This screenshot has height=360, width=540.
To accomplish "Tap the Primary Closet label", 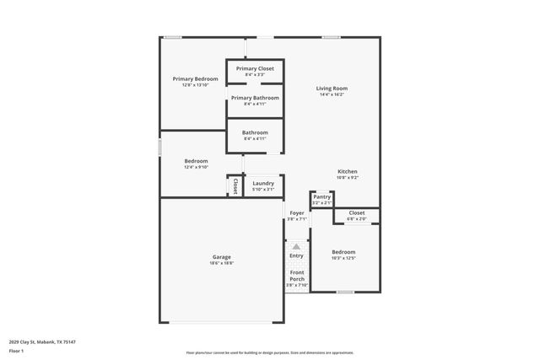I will point(255,68).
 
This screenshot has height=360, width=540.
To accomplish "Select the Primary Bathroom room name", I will point(255,98).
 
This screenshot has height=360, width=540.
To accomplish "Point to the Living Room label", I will point(332,88).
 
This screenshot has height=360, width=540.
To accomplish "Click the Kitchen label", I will point(348,171).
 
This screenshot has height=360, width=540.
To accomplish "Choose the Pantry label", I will point(321,196).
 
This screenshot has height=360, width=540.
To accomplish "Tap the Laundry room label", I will point(262,183).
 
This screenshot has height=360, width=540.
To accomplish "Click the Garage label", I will point(221,256).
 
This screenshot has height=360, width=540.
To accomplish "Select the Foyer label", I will point(297,213).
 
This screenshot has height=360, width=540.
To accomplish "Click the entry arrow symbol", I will point(296,245).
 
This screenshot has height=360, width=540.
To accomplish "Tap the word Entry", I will point(296,255).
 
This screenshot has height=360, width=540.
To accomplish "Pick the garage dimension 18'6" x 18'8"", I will point(221,263).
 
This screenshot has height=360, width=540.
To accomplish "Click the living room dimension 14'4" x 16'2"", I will point(332,94).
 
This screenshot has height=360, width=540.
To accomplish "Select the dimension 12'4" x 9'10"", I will point(196,167).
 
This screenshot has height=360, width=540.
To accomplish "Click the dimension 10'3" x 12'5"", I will point(343,258).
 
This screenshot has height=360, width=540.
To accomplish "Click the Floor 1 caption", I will point(16,350).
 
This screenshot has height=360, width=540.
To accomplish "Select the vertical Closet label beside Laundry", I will point(235,185).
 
